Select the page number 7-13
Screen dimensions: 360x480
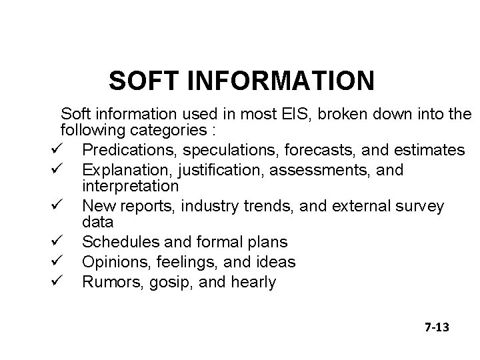[437, 327]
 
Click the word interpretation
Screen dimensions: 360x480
[130, 185]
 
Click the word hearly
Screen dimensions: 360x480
[253, 283]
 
